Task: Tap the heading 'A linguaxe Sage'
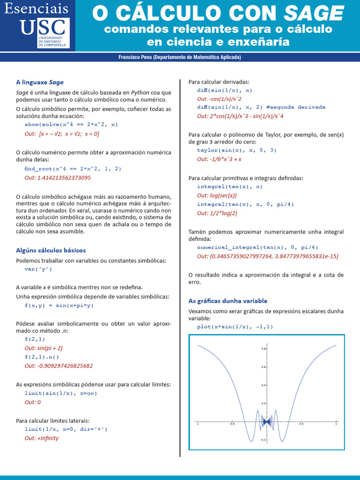point(40,82)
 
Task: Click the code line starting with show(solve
point(71,125)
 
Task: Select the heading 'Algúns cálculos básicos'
point(51,250)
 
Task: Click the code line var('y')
point(38,270)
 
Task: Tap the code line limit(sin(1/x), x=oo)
point(60,393)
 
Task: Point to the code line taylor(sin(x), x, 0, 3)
point(237,150)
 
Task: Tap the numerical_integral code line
point(257,247)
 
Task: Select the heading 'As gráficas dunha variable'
point(228,300)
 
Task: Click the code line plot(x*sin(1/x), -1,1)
point(235,326)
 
